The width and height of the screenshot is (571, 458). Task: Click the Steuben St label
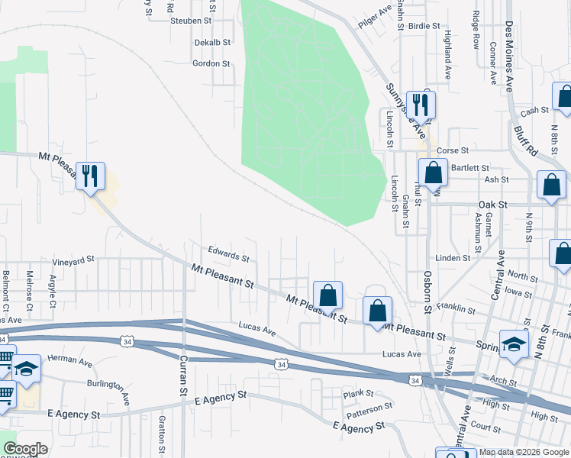[191, 21]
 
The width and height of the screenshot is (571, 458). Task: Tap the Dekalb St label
[212, 43]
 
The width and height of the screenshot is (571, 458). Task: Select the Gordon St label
[211, 63]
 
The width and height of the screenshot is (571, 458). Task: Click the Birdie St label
[424, 25]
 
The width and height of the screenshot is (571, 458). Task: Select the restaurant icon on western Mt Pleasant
[90, 176]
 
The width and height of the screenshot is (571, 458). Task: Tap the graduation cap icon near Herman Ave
[26, 369]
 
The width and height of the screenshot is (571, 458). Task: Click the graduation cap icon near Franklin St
[514, 343]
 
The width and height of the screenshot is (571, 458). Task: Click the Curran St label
[183, 376]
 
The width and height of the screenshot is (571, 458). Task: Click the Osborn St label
[428, 291]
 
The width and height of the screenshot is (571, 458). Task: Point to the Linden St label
[453, 258]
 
